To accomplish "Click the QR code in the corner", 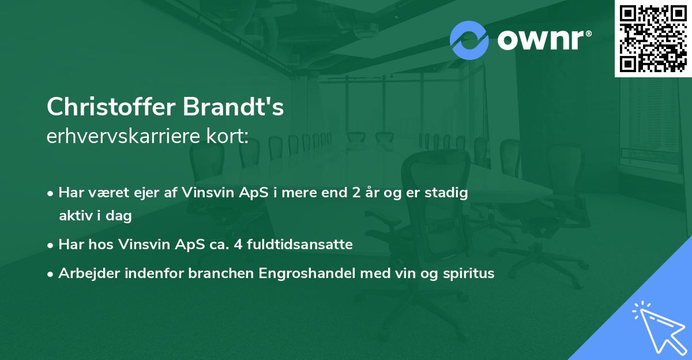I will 653,39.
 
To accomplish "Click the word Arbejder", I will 85,273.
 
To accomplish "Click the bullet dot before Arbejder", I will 51,274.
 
